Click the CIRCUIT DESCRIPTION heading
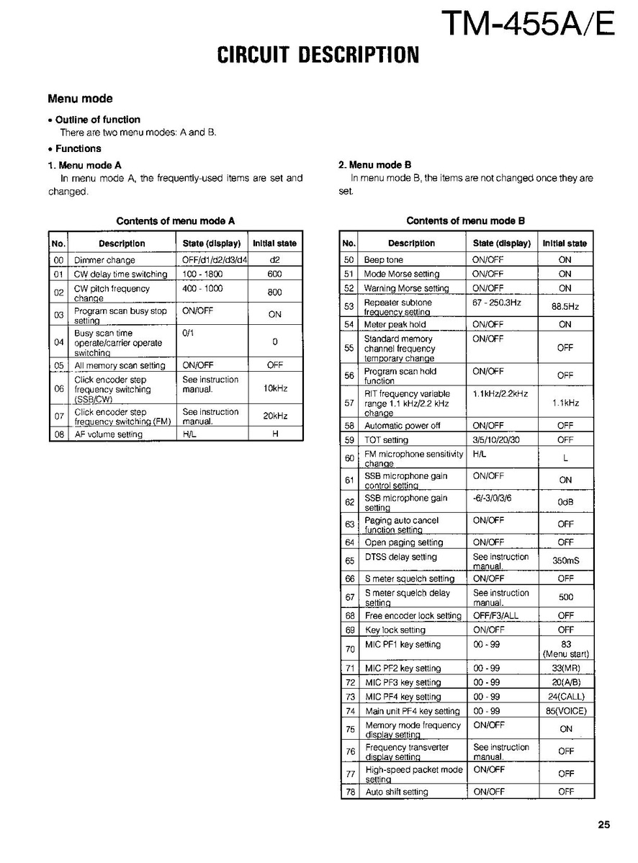click(318, 55)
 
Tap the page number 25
click(603, 825)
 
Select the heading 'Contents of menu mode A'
click(176, 221)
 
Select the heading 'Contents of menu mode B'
click(465, 221)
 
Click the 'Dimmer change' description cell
click(104, 260)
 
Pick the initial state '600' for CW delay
click(274, 274)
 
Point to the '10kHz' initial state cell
click(274, 388)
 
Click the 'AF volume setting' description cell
click(109, 434)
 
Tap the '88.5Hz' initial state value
click(565, 307)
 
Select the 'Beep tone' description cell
click(384, 260)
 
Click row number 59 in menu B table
click(349, 440)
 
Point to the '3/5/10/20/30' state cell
click(495, 440)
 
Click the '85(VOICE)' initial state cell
click(566, 712)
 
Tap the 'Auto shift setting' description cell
click(396, 792)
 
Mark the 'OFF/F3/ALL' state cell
click(495, 616)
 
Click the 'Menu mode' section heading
click(80, 99)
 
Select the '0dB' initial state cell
click(565, 502)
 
